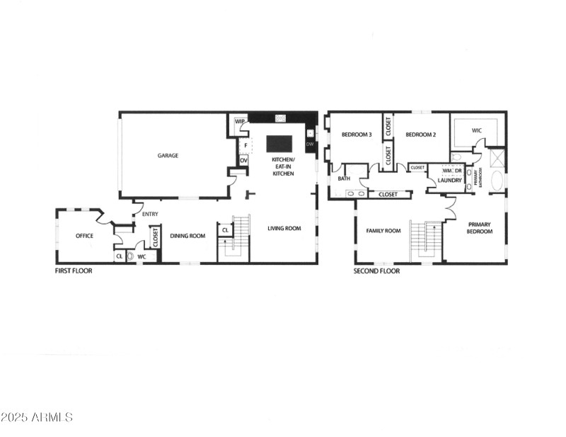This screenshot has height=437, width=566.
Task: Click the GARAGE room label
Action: [x=168, y=155]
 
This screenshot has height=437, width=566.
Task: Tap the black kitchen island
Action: [x=279, y=144]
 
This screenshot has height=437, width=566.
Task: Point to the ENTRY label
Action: [x=150, y=214]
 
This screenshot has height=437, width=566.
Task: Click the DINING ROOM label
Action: [x=187, y=236]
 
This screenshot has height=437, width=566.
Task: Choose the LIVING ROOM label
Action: [x=284, y=228]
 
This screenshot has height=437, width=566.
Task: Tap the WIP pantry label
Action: [x=240, y=121]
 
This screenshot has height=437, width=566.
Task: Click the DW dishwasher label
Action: [x=309, y=144]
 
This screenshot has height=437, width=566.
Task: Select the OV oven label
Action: [x=243, y=161]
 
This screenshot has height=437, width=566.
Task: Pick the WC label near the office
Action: [x=141, y=256]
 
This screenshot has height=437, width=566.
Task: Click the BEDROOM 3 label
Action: [x=357, y=135]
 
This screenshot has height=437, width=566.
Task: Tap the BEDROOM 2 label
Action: [x=420, y=135]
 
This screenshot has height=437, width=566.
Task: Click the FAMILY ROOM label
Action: [x=383, y=230]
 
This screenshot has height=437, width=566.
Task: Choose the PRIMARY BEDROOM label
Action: [x=479, y=227]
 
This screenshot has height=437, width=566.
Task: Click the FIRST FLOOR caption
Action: [x=74, y=271]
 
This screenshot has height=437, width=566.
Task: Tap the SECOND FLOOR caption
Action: [x=376, y=271]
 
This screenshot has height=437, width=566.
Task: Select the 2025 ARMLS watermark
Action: [x=37, y=417]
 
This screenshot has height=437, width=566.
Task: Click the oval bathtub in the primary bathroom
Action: [x=497, y=181]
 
